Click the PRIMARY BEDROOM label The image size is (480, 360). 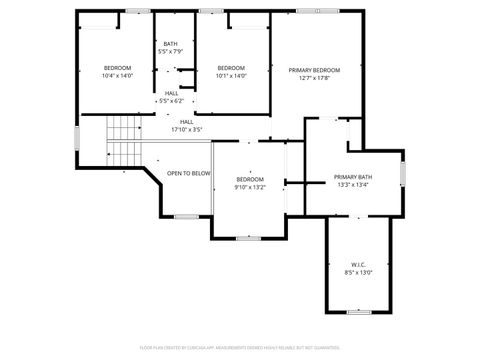[x=314, y=70]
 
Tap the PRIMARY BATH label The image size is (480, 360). [x=352, y=177]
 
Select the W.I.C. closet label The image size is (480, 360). [x=358, y=265]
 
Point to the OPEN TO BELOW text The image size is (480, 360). [x=189, y=173]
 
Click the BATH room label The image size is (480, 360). [x=171, y=44]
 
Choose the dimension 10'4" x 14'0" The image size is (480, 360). [x=117, y=76]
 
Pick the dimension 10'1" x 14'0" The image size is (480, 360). [x=231, y=76]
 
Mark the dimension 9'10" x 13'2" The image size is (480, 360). [x=249, y=186]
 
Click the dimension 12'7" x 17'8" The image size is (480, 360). [x=314, y=78]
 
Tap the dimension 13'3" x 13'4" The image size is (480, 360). [x=352, y=185]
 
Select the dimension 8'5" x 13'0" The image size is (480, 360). [x=358, y=272]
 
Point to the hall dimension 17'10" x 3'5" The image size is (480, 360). [x=187, y=129]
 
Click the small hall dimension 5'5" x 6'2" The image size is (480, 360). [x=171, y=101]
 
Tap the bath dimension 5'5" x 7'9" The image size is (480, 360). [x=171, y=51]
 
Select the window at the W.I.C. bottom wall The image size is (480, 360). [x=358, y=312]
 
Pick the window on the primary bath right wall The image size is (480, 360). [x=403, y=173]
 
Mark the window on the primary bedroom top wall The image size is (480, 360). [x=309, y=11]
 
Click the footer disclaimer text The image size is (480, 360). [x=239, y=348]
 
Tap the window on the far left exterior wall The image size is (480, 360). [x=77, y=138]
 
